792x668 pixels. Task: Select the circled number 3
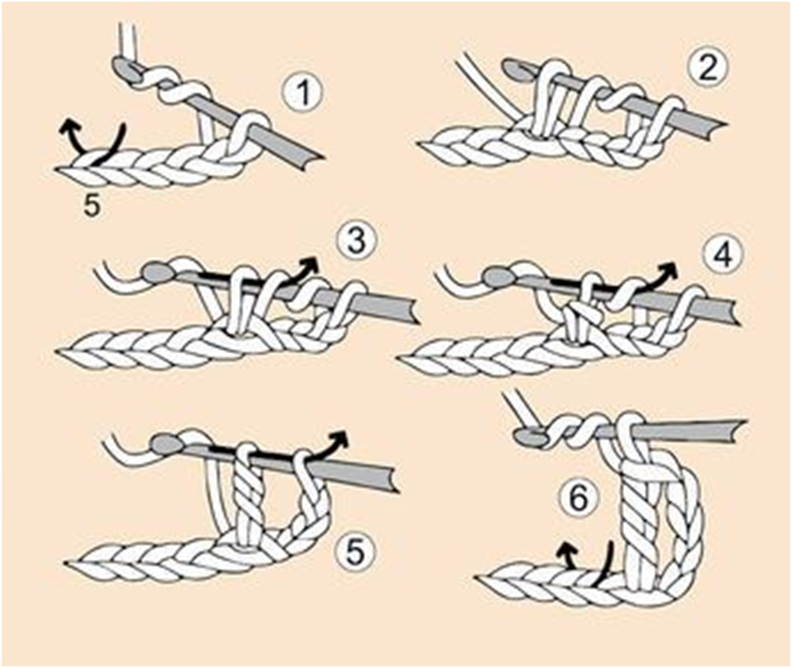[x=355, y=241]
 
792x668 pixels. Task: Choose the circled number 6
[x=577, y=498]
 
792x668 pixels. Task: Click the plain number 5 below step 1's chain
[x=91, y=209]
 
